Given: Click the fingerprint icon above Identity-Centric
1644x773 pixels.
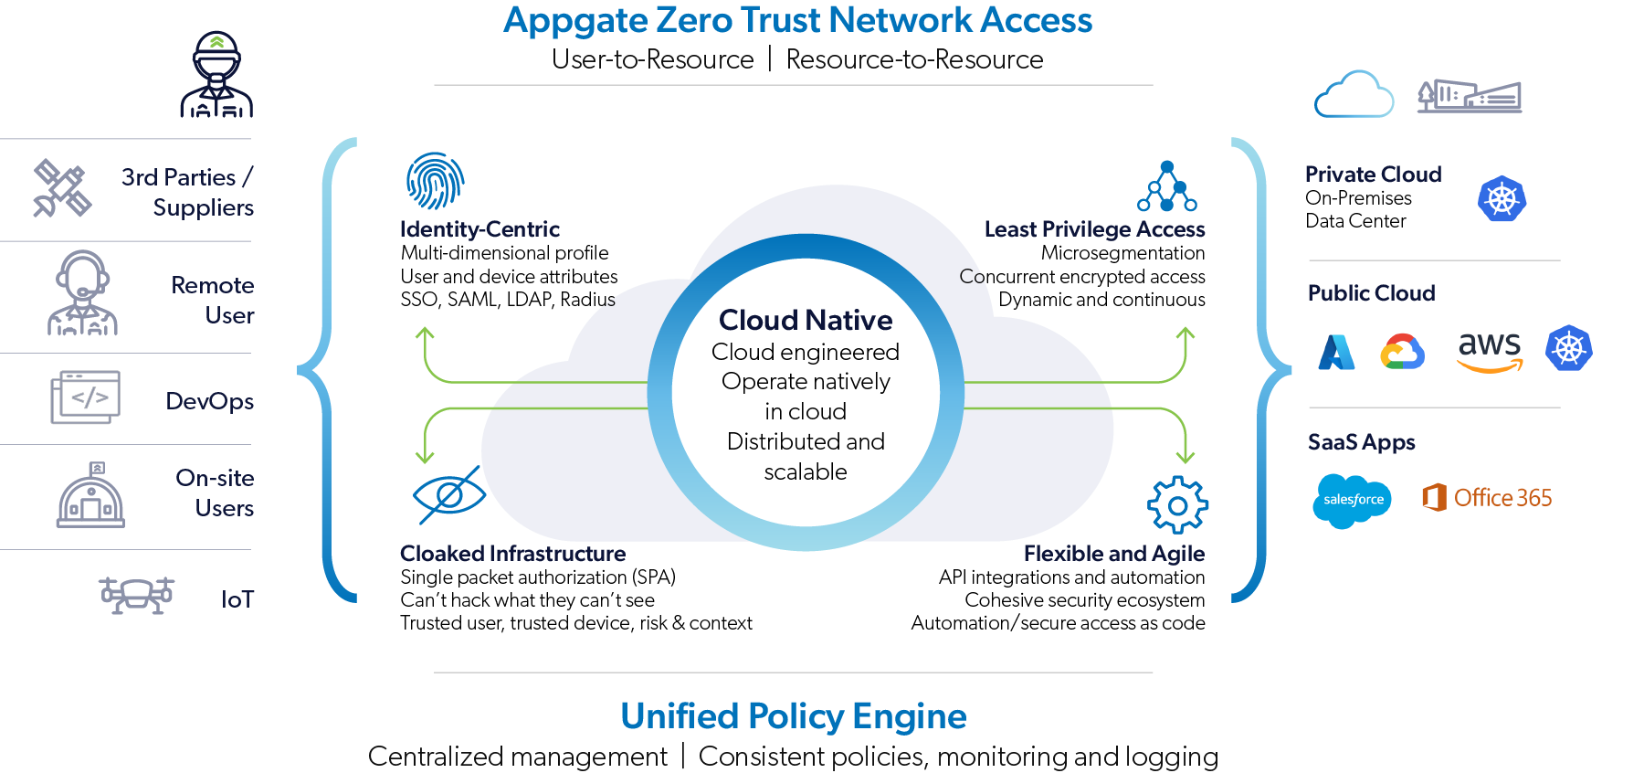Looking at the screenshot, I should coord(435,181).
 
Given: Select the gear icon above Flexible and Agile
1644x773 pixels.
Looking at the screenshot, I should coord(1177,504).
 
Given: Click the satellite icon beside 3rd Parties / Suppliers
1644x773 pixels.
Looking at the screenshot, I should coord(62,189).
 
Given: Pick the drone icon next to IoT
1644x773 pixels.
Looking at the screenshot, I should coord(136,595).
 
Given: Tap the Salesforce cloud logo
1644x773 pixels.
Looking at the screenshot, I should coord(1352,500).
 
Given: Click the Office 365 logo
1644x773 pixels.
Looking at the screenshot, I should coord(1487,498).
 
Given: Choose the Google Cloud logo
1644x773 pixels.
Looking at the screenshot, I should coord(1402,352).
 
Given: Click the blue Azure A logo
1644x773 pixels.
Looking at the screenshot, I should coord(1336,352).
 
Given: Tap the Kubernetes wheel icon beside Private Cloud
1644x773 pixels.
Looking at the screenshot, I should coord(1502,198).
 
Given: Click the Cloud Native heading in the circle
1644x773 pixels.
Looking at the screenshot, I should coord(806,320).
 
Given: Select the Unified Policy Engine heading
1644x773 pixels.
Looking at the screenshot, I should coord(793,716).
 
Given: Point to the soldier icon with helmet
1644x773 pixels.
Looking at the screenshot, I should coord(216,75).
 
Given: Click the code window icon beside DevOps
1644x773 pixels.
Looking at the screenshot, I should coord(85,397).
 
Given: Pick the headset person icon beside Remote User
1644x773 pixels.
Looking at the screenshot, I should coord(83,293).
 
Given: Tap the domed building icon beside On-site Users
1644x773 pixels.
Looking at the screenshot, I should coord(90,495).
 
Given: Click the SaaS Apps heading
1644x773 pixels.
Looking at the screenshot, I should coord(1361,442).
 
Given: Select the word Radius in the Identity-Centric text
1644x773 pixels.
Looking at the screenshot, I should coord(588,300).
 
